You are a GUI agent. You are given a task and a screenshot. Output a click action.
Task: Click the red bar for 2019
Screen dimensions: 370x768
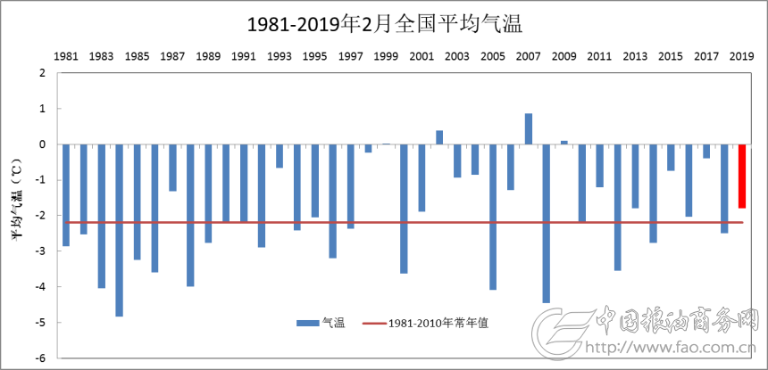click(742, 176)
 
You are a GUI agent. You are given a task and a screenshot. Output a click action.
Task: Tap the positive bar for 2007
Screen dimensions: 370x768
click(529, 129)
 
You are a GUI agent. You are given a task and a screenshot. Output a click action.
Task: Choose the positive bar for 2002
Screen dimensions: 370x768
click(439, 137)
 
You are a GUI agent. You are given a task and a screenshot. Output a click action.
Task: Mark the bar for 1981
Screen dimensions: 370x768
click(66, 194)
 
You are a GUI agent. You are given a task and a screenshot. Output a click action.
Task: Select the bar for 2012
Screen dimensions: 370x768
click(617, 207)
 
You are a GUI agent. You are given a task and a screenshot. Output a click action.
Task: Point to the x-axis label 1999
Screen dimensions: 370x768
click(386, 56)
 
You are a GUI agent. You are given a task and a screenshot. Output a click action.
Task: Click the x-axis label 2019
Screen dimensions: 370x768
click(741, 56)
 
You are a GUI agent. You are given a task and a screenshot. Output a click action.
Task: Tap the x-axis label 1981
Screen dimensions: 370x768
click(66, 56)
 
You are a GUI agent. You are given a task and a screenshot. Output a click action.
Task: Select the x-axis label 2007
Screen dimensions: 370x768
click(528, 56)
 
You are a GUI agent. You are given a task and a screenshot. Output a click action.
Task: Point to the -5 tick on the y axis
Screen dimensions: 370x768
click(39, 323)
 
